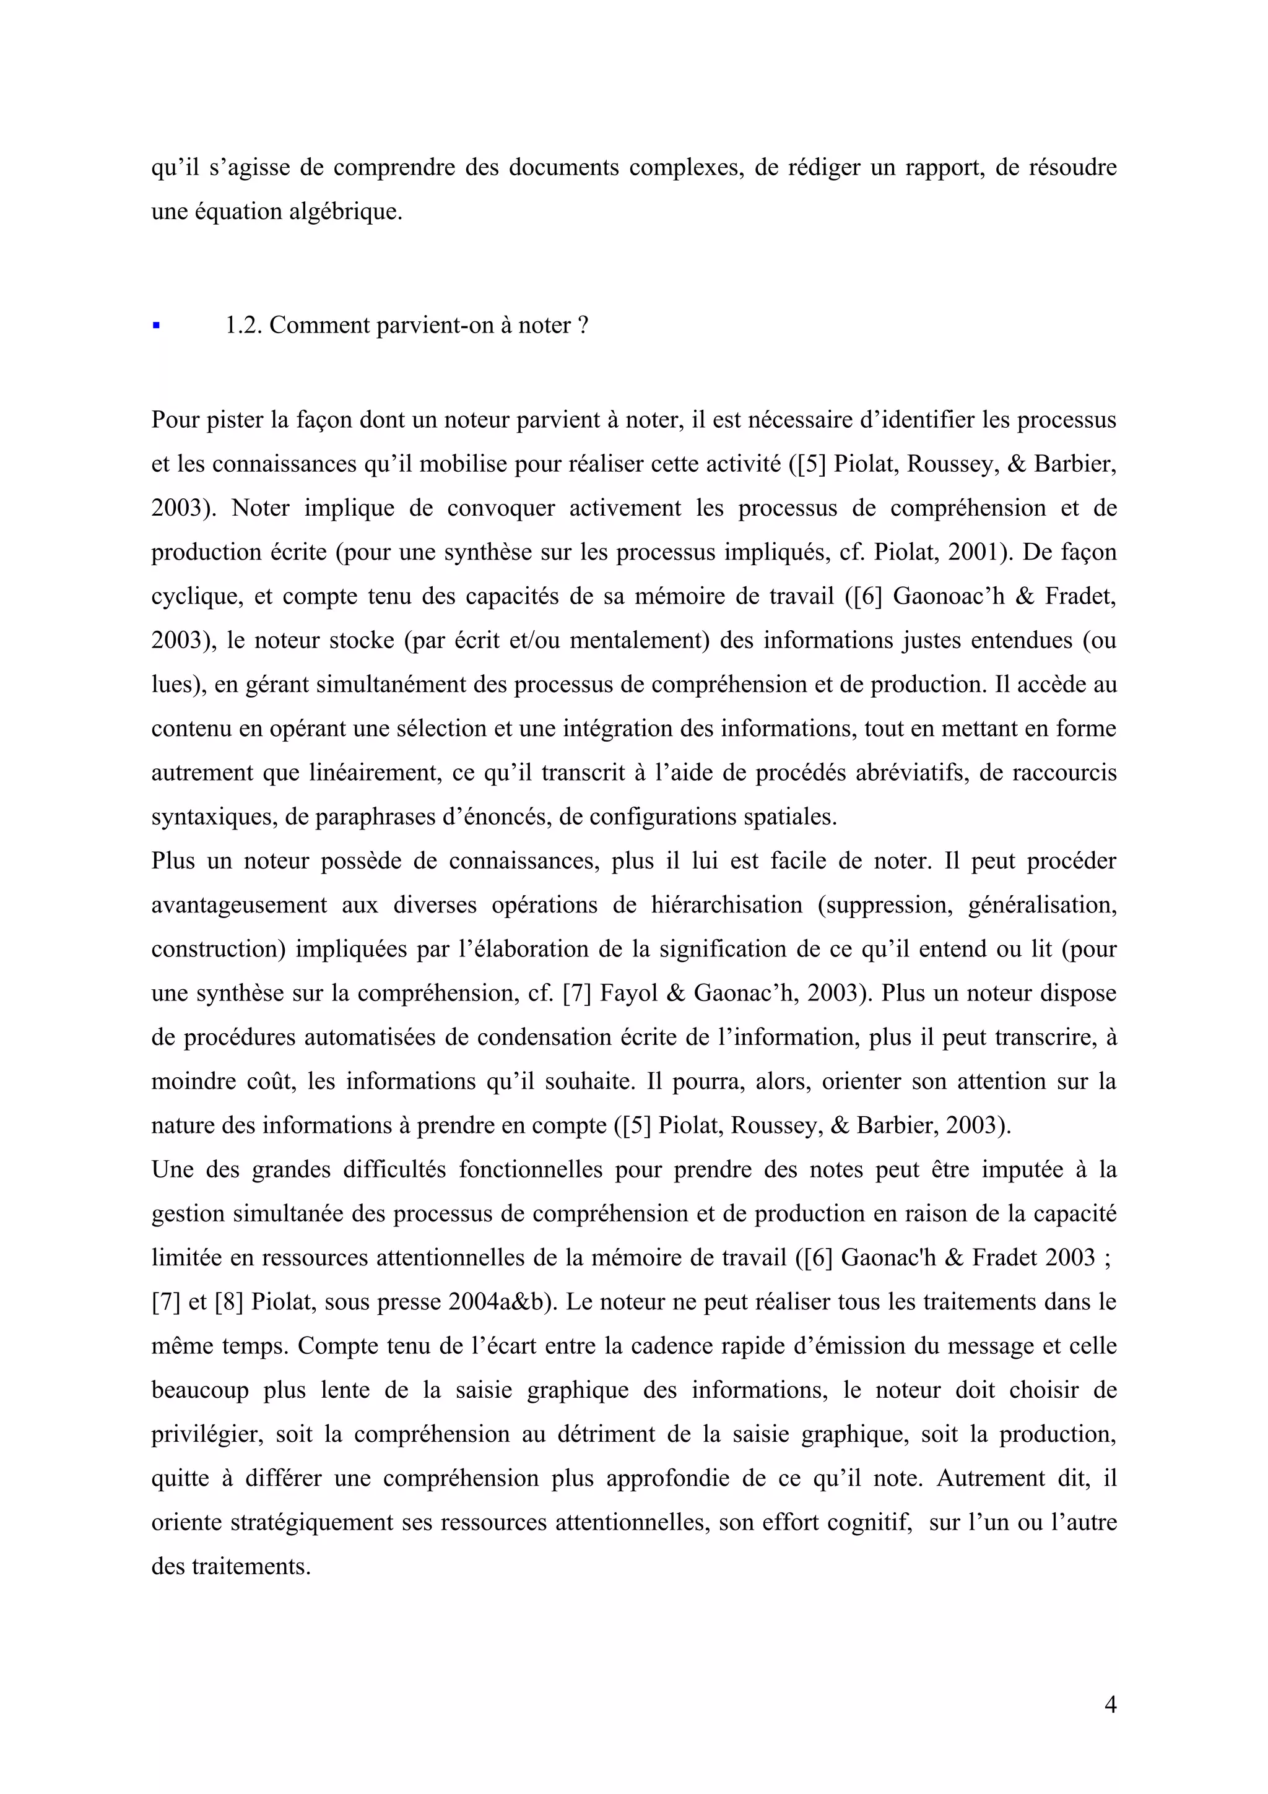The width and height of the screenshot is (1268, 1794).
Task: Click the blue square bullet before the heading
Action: [x=156, y=325]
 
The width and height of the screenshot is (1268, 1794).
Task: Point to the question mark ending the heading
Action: [x=582, y=325]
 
